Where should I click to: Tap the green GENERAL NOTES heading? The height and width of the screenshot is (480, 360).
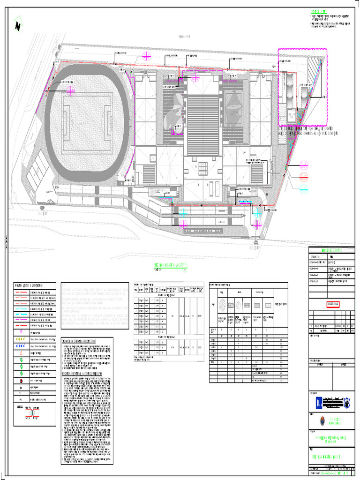point(318,12)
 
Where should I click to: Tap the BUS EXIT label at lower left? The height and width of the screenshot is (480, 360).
point(43,211)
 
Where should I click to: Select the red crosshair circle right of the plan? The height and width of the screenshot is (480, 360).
point(304,176)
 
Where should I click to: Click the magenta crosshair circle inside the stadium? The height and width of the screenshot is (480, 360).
point(71,90)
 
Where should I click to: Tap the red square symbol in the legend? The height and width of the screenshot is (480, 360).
point(22,382)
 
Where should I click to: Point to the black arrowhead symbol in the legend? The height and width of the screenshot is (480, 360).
point(22,389)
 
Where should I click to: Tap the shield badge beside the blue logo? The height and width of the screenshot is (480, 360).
point(347,402)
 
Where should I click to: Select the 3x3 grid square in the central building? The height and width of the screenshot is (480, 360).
point(202,168)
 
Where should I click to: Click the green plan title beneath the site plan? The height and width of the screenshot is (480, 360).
point(172,266)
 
